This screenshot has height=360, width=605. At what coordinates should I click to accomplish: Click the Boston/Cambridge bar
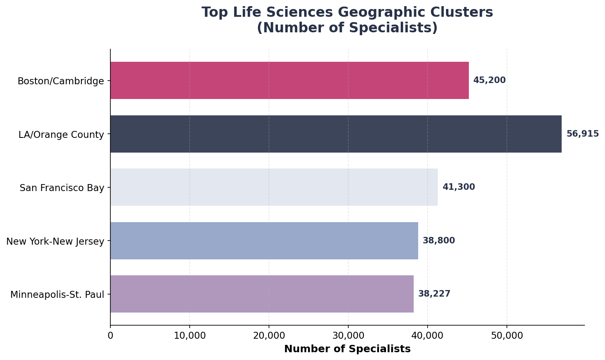tap(289, 81)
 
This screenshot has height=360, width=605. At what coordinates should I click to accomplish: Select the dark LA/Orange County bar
tap(336, 134)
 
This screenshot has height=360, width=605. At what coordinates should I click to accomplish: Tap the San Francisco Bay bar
tap(274, 187)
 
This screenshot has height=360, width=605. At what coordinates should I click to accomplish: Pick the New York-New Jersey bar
tap(264, 241)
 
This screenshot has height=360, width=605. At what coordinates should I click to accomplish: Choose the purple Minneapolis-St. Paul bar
tap(262, 294)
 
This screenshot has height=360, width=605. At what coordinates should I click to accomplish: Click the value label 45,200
tap(489, 81)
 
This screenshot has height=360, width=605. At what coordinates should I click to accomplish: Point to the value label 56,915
tap(583, 134)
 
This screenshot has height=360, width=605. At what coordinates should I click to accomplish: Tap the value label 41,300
tap(459, 187)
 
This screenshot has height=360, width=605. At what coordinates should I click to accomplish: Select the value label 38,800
tap(439, 241)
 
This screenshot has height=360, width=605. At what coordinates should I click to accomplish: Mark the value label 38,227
tap(434, 294)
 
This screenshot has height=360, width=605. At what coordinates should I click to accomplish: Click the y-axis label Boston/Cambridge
tap(60, 81)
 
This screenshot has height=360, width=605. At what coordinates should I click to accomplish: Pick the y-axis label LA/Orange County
tap(61, 135)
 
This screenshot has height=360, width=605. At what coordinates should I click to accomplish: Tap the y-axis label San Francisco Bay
tap(62, 188)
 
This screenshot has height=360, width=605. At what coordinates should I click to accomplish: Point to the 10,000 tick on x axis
tap(189, 336)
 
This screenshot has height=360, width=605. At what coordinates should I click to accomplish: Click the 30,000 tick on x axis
tap(348, 336)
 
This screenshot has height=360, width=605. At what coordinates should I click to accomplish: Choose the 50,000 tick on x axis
tap(507, 336)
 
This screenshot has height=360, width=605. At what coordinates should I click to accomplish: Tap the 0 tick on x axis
tap(110, 336)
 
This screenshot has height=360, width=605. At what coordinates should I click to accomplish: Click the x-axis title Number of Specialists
tap(347, 349)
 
